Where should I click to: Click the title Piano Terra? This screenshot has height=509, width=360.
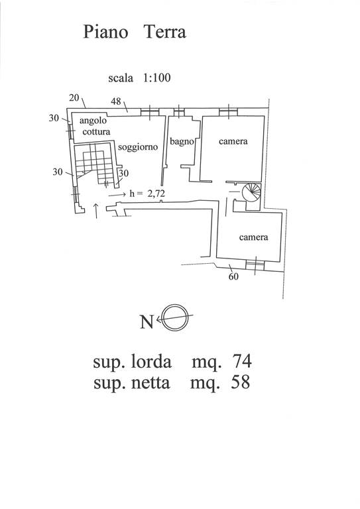point(135,32)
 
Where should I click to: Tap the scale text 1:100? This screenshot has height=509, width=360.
point(157,78)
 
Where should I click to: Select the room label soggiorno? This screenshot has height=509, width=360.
point(138,147)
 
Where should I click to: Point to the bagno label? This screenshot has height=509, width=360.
point(182,141)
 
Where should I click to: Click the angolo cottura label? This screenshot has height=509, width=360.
point(95,126)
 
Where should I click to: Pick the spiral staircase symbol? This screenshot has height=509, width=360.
point(251,192)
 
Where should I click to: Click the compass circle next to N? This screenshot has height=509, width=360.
point(176,317)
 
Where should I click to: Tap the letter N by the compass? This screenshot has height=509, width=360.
point(147,322)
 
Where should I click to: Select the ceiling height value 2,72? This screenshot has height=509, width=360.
point(156,194)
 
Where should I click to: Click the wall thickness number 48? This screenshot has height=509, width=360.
point(116,101)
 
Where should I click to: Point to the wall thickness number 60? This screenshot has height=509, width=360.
point(233,276)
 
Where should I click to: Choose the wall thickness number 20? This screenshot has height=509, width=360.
point(74,97)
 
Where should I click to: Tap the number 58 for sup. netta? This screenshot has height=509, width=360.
point(241,382)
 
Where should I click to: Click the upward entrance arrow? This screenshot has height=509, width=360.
point(96,211)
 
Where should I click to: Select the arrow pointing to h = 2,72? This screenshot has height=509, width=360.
point(117,195)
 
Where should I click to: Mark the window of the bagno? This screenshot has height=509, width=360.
point(178,112)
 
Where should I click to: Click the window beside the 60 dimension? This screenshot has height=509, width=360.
point(255,266)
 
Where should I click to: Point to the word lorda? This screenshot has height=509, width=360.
point(150,361)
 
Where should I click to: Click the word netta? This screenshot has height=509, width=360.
point(150,383)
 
